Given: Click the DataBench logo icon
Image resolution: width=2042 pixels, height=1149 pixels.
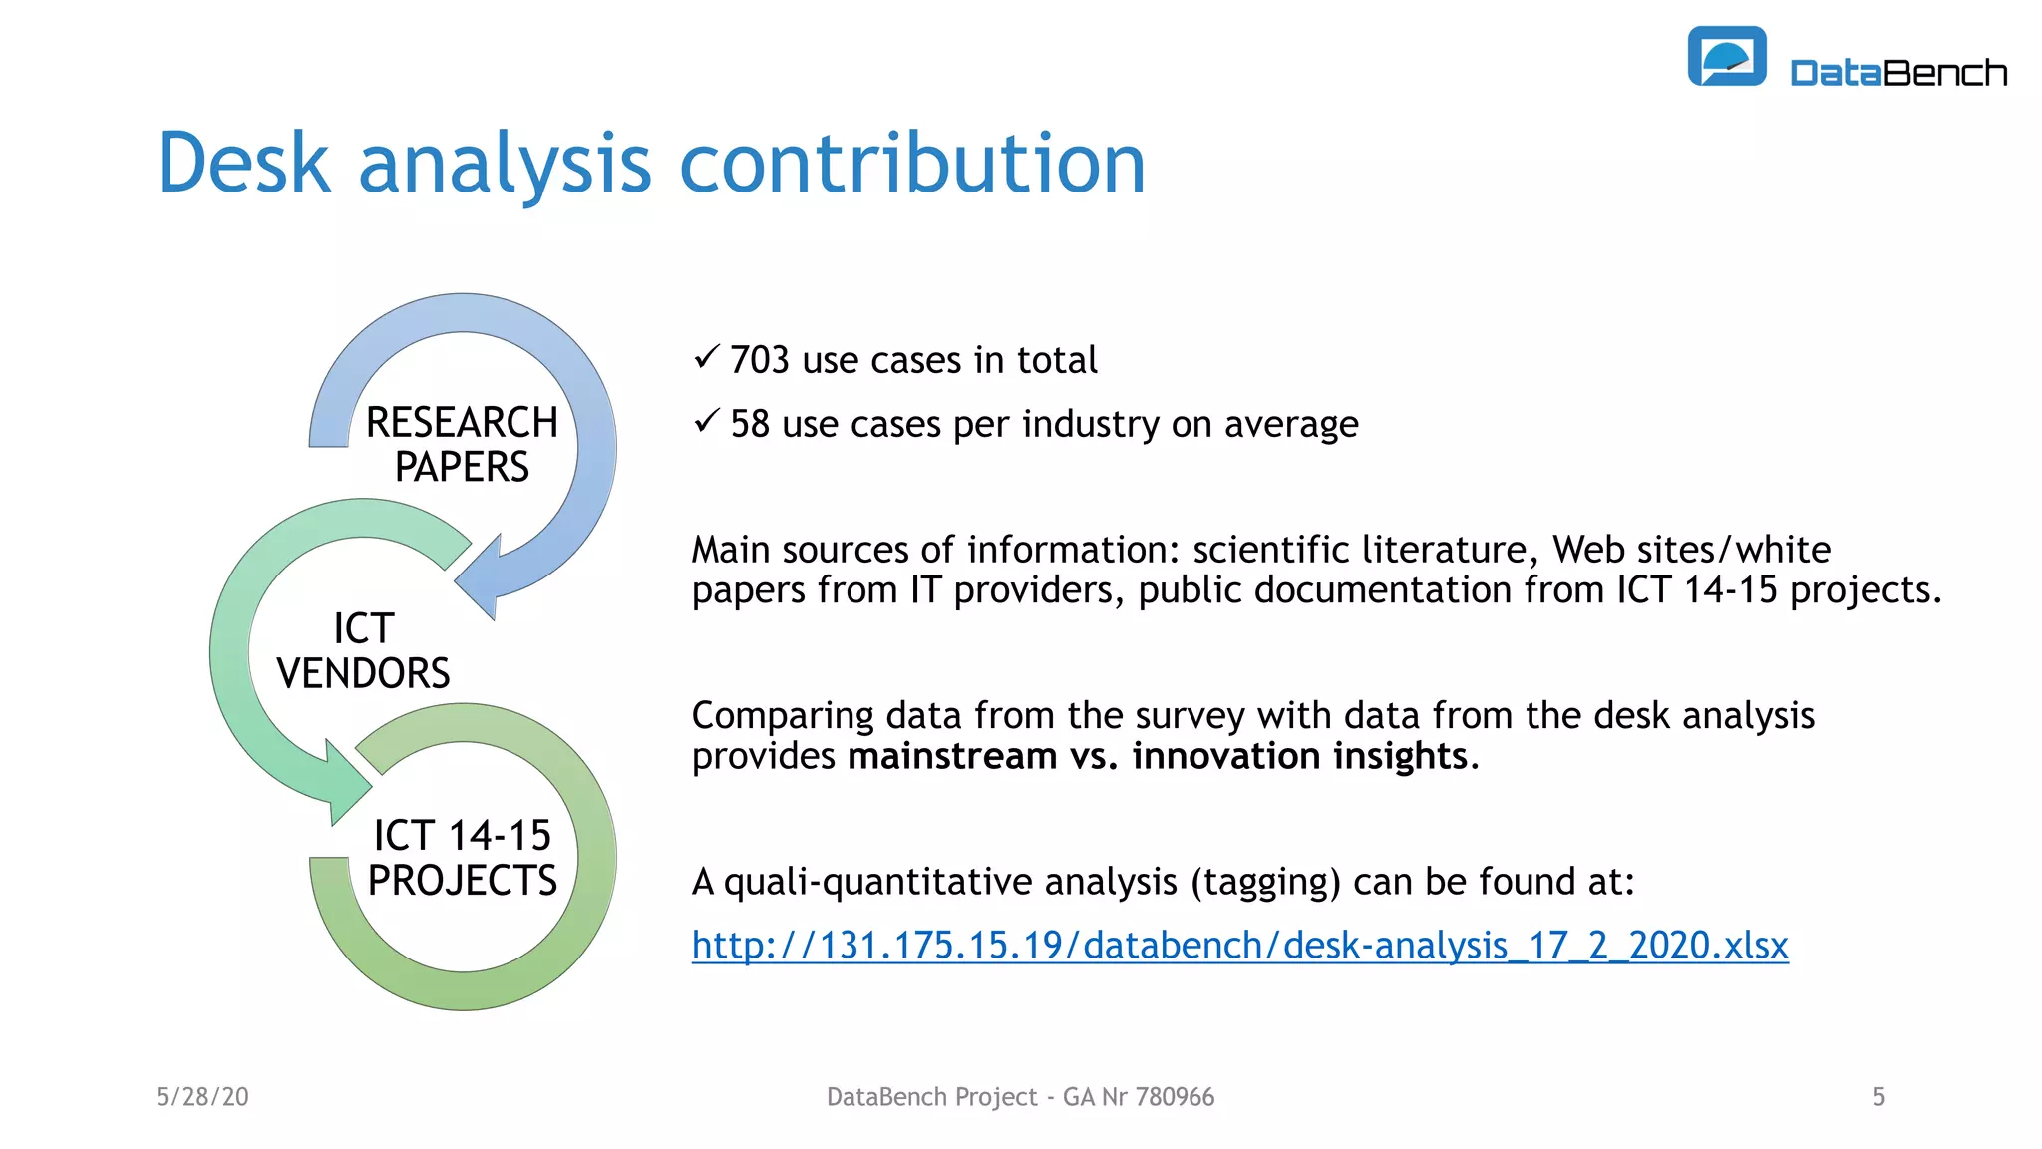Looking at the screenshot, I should coord(1726,56).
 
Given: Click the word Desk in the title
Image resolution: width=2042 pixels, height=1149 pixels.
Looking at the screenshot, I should coord(242,164).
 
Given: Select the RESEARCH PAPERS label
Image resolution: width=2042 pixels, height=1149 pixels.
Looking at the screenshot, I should coord(462,445).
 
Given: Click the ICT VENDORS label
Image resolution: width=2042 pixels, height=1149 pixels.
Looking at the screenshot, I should coord(363,651).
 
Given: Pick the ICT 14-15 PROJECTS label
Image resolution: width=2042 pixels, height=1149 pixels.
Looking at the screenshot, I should coord(462,858).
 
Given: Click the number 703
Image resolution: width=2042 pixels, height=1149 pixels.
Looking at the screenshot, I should coord(759,360).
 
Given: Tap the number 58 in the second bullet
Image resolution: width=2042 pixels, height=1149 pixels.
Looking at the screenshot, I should coord(750,425).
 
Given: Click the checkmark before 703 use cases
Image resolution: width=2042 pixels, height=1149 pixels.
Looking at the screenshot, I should coord(706,356).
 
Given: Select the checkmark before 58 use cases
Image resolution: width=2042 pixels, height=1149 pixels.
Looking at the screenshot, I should coord(706,421).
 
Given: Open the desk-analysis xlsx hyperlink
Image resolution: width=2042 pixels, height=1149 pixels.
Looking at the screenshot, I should coord(1239,945).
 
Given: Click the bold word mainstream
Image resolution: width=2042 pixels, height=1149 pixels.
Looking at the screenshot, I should coord(951,756).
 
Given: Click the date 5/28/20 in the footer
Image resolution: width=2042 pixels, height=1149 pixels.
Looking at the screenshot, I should coord(202,1097).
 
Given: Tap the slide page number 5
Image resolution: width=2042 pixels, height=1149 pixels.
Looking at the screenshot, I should coord(1878,1097).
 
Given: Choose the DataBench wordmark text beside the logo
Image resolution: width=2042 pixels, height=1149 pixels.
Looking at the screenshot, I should coord(1897,73).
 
